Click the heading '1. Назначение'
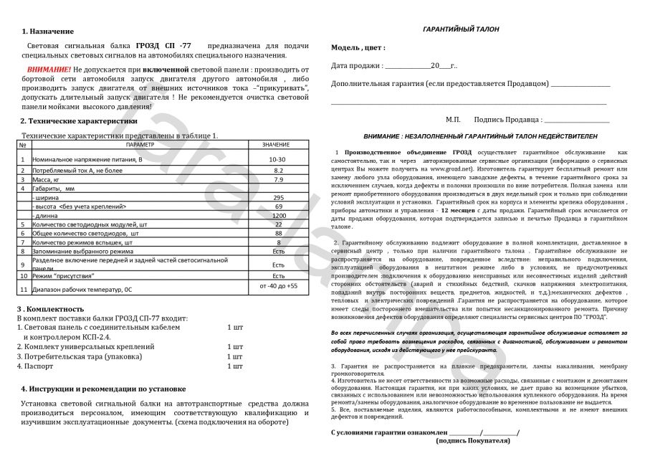[47, 32]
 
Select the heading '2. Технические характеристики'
[78, 121]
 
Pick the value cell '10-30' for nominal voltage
[277, 159]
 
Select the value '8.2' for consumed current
[278, 171]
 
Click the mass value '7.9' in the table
[278, 179]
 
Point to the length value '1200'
[278, 215]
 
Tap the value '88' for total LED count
[278, 233]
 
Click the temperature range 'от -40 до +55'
[278, 286]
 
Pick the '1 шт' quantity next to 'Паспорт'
[234, 366]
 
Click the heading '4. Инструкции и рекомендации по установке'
[103, 389]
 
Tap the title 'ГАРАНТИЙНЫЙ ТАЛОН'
[462, 29]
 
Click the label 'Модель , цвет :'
[358, 47]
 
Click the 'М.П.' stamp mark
[453, 119]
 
